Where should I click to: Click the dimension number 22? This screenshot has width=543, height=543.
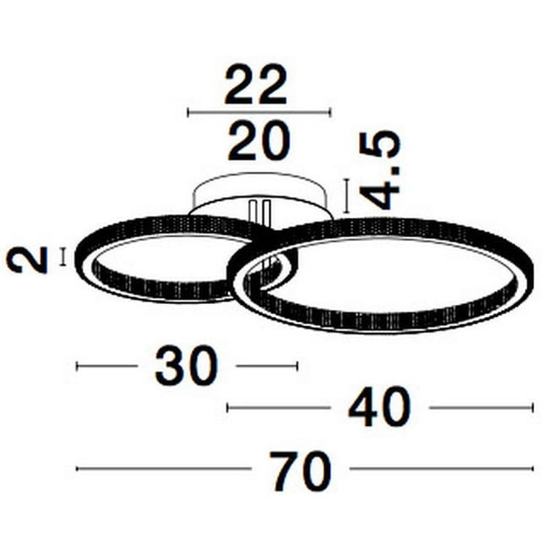[x=255, y=84]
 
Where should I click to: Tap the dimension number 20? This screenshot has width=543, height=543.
[x=258, y=140]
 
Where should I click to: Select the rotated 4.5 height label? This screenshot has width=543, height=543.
[x=380, y=170]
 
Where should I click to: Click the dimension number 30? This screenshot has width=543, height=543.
[x=186, y=366]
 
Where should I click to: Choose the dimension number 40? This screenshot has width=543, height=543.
[x=379, y=407]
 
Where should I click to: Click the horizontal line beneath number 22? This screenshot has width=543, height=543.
[x=259, y=112]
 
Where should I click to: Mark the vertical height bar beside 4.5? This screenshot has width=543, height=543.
[x=347, y=195]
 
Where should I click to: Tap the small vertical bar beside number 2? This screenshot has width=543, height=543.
[x=62, y=257]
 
